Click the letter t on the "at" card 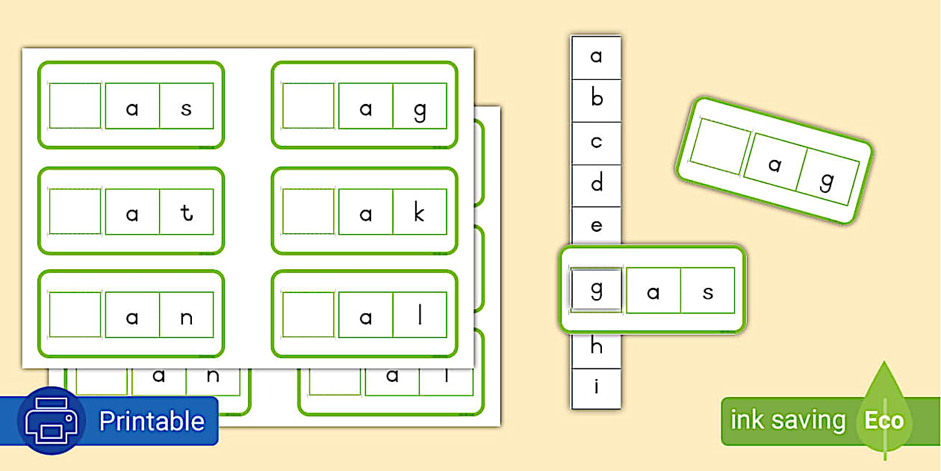tap(187, 214)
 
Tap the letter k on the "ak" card tap(419, 214)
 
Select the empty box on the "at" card tap(75, 212)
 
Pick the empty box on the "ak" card tap(308, 212)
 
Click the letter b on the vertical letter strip tap(596, 99)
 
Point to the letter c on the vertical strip tap(596, 142)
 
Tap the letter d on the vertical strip tap(596, 184)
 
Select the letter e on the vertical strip tap(596, 226)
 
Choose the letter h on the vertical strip tap(596, 347)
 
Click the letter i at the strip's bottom tap(596, 387)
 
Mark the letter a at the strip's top tap(596, 57)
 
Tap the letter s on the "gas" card tap(707, 292)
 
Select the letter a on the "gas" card tap(653, 292)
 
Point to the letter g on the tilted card tap(827, 182)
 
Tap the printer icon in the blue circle tap(51, 420)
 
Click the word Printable tap(152, 421)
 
